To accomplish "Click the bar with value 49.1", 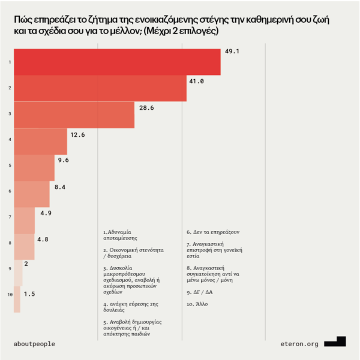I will pyautogui.click(x=117, y=62).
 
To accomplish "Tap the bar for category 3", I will pyautogui.click(x=74, y=115).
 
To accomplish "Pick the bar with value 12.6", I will pyautogui.click(x=40, y=142).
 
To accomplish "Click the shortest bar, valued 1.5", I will pyautogui.click(x=17, y=299).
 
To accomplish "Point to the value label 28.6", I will pyautogui.click(x=146, y=107).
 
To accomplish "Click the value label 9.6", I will pyautogui.click(x=64, y=160).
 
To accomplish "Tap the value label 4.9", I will pyautogui.click(x=46, y=213).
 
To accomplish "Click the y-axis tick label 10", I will pyautogui.click(x=8, y=295).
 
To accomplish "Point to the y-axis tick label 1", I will pyautogui.click(x=9, y=62).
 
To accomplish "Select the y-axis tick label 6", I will pyautogui.click(x=9, y=191).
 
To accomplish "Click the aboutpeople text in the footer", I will pyautogui.click(x=34, y=344).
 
